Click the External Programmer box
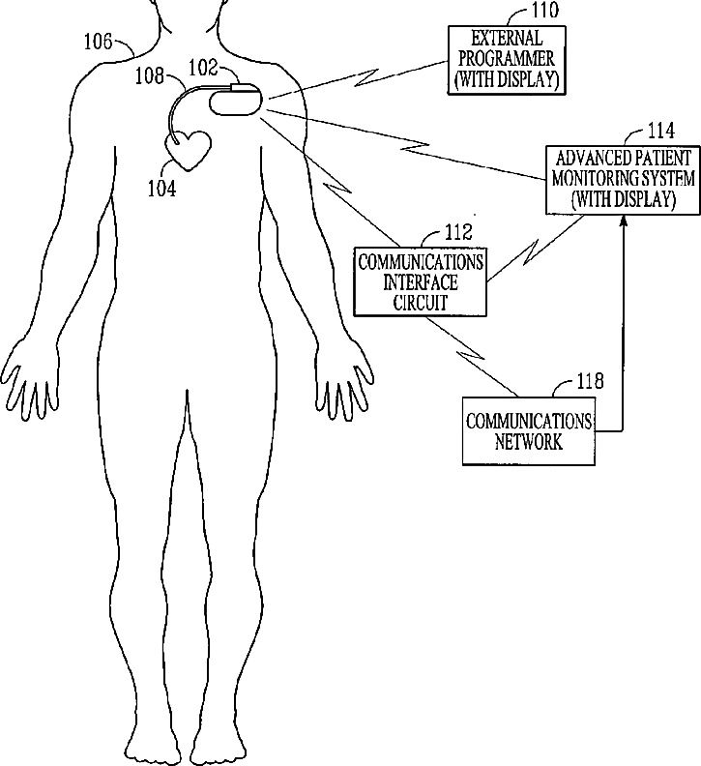[x=506, y=58]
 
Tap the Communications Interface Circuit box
[x=420, y=280]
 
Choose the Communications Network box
[x=529, y=431]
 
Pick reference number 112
[x=458, y=232]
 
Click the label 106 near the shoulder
[x=99, y=41]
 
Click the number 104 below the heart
[x=161, y=189]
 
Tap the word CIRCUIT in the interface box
[x=420, y=302]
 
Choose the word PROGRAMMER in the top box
[x=506, y=58]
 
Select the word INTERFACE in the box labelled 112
[x=420, y=281]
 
